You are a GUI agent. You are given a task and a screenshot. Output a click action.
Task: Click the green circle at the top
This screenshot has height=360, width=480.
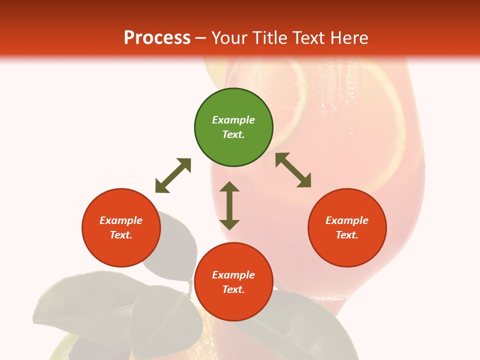(x=233, y=127)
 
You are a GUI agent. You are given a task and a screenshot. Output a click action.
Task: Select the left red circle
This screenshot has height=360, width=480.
(x=121, y=227)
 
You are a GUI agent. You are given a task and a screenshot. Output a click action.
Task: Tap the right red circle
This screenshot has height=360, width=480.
(x=347, y=227)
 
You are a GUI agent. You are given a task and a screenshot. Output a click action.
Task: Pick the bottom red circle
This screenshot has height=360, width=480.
(x=233, y=282)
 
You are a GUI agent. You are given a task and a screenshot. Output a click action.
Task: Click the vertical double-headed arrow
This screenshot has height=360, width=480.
(x=229, y=205)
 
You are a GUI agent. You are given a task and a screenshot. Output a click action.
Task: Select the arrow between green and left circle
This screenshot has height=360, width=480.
(x=173, y=175)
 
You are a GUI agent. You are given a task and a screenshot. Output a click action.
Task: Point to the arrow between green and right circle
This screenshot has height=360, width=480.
(x=293, y=170)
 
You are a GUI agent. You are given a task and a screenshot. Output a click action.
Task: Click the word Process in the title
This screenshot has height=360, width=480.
(x=157, y=37)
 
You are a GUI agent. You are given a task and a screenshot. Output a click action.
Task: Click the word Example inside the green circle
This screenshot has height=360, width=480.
(x=233, y=120)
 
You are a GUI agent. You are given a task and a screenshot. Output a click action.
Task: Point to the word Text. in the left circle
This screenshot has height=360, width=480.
(x=121, y=235)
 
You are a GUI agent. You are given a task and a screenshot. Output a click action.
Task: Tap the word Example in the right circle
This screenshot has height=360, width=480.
(x=347, y=220)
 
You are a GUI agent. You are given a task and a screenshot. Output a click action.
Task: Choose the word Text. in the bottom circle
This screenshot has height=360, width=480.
(x=233, y=289)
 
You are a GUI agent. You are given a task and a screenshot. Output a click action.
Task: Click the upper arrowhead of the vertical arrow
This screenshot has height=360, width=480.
(x=229, y=187)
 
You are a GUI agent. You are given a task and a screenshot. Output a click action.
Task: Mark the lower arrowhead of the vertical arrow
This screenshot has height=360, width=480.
(x=229, y=223)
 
